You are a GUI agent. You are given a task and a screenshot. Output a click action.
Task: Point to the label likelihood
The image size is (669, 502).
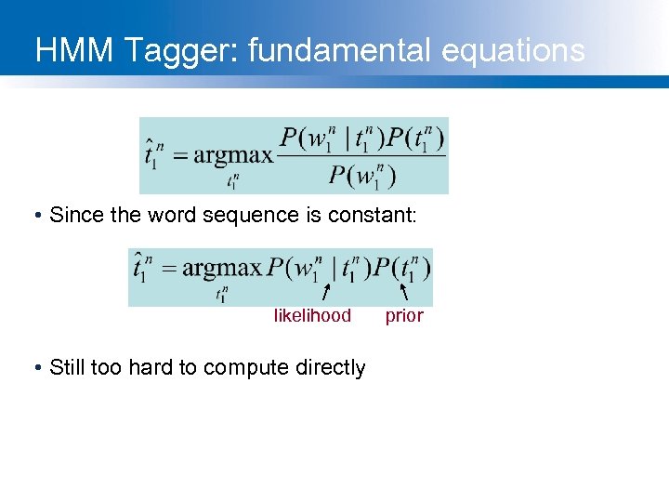tap(312, 316)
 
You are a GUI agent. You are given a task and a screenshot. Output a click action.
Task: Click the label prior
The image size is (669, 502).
tap(404, 316)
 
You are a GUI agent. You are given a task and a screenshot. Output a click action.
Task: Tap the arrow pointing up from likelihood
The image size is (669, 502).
tap(324, 294)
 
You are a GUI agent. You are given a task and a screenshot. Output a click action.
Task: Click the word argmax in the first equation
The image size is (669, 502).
tap(233, 154)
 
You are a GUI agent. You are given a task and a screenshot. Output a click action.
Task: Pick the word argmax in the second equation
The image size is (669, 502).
tap(223, 269)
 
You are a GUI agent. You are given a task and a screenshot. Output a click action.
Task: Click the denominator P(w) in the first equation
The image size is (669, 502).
tap(361, 175)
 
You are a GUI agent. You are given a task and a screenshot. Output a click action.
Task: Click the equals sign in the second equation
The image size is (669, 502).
tap(168, 270)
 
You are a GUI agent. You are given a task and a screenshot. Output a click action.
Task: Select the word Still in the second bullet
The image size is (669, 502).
tap(68, 367)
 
